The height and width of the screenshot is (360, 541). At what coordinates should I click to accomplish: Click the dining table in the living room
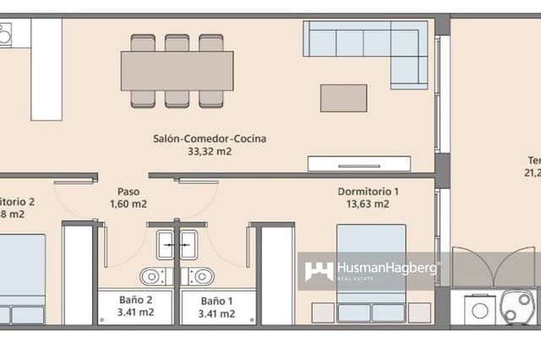click(x=177, y=70)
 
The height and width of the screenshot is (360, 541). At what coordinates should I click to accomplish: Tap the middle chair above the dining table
click(x=178, y=43)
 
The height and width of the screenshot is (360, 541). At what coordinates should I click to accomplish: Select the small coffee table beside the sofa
click(x=343, y=97)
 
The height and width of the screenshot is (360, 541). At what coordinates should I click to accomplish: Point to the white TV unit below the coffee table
click(x=359, y=163)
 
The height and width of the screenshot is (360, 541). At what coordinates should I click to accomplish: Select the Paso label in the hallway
click(x=128, y=192)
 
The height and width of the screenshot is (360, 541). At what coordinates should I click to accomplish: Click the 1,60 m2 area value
click(x=128, y=205)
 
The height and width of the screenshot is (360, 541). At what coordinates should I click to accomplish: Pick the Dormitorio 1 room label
click(x=368, y=192)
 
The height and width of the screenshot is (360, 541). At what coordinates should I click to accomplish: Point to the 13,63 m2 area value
click(x=368, y=205)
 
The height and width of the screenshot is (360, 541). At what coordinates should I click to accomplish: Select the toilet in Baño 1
click(x=202, y=275)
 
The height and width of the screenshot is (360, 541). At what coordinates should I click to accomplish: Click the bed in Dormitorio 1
click(x=372, y=270)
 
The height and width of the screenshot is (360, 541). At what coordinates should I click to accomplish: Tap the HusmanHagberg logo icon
click(x=319, y=270)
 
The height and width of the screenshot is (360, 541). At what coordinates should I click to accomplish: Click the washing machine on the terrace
click(x=479, y=309)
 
